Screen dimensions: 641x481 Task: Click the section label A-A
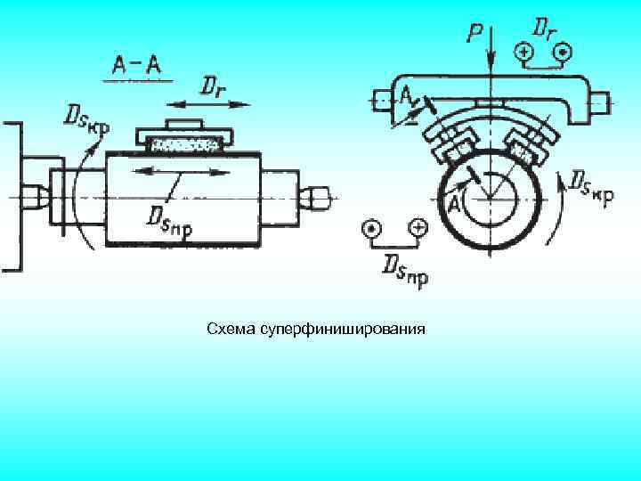(x=136, y=65)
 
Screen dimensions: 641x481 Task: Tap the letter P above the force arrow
(x=475, y=34)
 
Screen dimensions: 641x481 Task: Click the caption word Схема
(x=231, y=330)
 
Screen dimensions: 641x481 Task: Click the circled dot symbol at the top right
(x=562, y=54)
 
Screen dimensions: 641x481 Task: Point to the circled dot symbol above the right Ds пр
(x=370, y=228)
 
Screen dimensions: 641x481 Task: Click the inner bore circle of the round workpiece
(x=488, y=195)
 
